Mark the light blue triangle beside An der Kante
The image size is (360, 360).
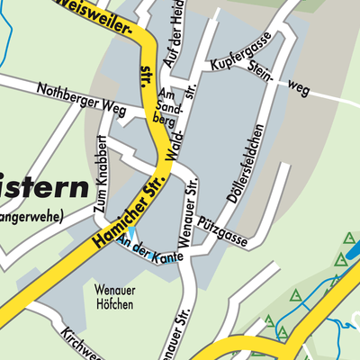pos(131,232)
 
